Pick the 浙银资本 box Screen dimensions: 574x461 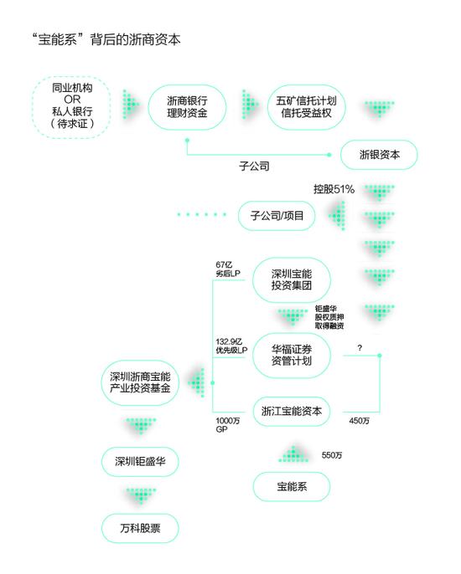(x=379, y=154)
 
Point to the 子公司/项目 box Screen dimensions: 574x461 (x=277, y=215)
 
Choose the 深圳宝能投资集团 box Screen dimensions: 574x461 (x=291, y=279)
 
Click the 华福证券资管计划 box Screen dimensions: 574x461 (x=291, y=356)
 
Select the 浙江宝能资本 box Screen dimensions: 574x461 (x=291, y=411)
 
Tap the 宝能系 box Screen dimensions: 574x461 (x=291, y=485)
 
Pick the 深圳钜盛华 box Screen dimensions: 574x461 (x=140, y=460)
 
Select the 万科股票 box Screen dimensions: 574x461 (x=140, y=529)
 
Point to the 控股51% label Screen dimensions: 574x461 (x=334, y=190)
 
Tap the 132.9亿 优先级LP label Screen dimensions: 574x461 (x=230, y=345)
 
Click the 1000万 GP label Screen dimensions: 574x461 (x=227, y=424)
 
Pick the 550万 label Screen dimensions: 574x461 (x=333, y=455)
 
